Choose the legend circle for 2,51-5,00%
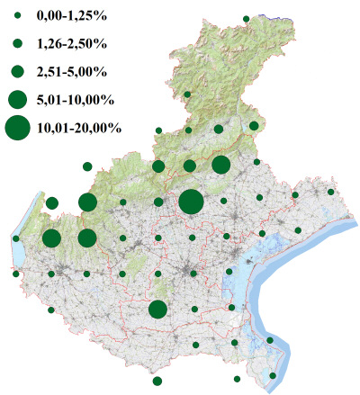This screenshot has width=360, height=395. [x=17, y=70]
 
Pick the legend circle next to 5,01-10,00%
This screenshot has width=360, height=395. [x=17, y=98]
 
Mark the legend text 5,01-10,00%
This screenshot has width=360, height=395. [x=75, y=98]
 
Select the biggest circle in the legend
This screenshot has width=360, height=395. [x=17, y=129]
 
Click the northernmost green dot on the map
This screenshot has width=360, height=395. [x=246, y=18]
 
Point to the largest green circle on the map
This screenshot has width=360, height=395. [x=190, y=202]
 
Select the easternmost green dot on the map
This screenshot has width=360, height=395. [x=331, y=192]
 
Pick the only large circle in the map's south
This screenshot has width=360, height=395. [x=157, y=310]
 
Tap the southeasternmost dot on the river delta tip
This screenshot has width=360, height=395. [x=274, y=375]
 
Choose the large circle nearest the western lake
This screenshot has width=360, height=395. [x=51, y=238]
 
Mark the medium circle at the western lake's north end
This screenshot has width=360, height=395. [x=51, y=202]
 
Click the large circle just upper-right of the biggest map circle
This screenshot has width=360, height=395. [x=220, y=165]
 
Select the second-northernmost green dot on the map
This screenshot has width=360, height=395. [x=187, y=94]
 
